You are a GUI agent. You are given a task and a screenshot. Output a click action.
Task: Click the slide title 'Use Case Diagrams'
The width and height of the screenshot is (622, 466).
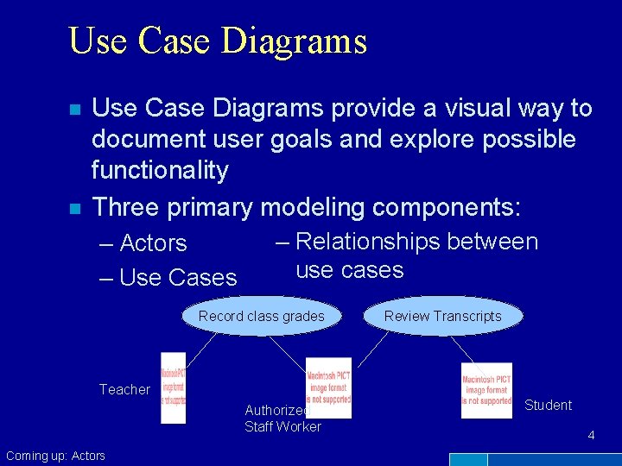pyautogui.click(x=218, y=41)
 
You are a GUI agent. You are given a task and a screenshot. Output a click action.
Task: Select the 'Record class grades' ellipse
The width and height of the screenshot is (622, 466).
pyautogui.click(x=261, y=316)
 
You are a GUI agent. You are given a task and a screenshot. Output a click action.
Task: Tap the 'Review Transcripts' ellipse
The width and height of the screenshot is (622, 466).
pyautogui.click(x=442, y=316)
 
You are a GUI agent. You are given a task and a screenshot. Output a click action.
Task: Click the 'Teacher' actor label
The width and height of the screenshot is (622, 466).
pyautogui.click(x=124, y=389)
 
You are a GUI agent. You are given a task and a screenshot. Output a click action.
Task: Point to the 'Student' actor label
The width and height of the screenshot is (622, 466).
pyautogui.click(x=548, y=405)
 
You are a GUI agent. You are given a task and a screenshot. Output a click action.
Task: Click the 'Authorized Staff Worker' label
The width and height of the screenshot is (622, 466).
pyautogui.click(x=282, y=419)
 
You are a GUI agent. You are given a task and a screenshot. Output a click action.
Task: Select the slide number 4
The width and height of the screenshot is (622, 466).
pyautogui.click(x=591, y=436)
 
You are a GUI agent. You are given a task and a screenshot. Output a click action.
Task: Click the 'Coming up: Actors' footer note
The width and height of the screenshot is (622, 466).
pyautogui.click(x=55, y=456)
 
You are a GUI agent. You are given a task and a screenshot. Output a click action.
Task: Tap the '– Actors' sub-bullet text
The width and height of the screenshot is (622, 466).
pyautogui.click(x=143, y=243)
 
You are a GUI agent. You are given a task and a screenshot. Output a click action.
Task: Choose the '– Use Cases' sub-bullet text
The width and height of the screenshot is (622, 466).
pyautogui.click(x=168, y=277)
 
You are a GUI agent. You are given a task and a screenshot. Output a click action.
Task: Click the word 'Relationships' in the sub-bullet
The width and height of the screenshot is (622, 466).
pyautogui.click(x=369, y=242)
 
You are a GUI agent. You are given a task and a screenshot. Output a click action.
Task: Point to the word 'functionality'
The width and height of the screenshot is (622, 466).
pyautogui.click(x=160, y=170)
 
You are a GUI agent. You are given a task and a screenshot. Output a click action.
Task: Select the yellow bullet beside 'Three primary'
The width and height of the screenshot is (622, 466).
pyautogui.click(x=75, y=209)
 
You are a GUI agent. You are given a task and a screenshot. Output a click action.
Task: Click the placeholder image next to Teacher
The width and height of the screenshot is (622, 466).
pyautogui.click(x=173, y=387)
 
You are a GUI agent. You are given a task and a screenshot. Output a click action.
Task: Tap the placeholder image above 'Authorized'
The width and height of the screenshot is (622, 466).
pyautogui.click(x=328, y=387)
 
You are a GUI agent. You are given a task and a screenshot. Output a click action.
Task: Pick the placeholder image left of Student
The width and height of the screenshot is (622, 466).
pyautogui.click(x=486, y=390)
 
